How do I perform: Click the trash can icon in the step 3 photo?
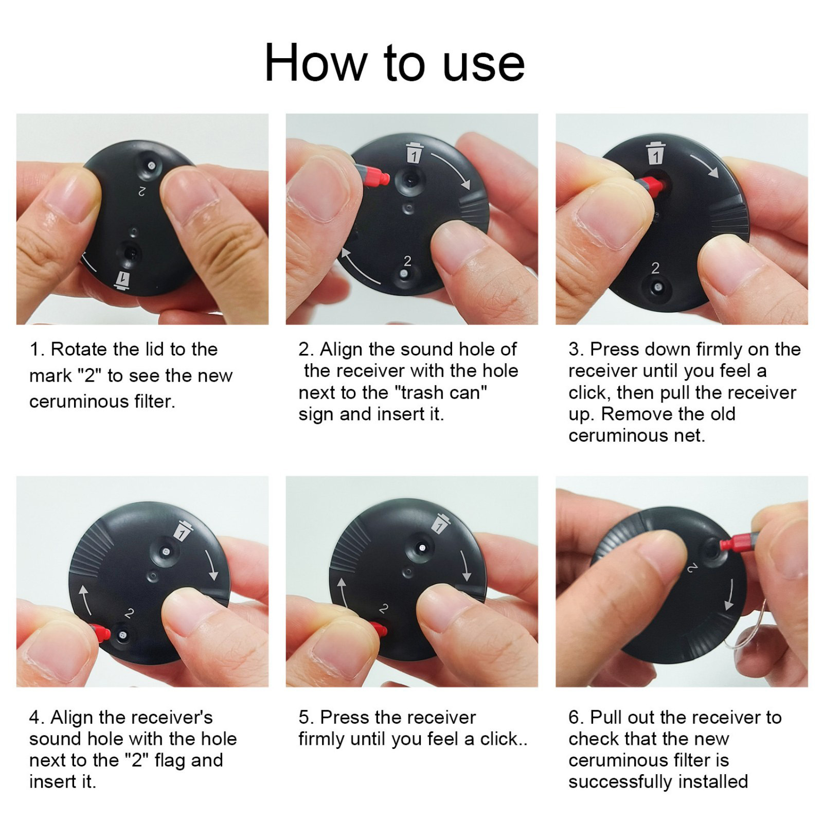[x=655, y=152]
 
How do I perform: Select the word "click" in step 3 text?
[x=588, y=392]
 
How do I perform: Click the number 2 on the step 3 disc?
[x=655, y=268]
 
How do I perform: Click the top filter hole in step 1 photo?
[x=151, y=165]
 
